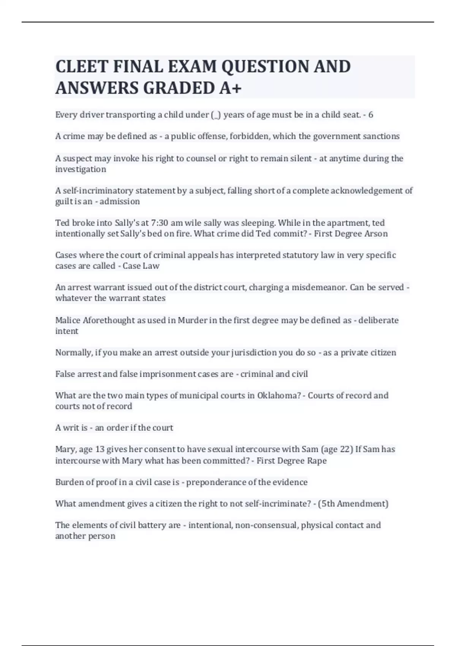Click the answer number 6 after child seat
370,115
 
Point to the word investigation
81,169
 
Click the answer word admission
120,201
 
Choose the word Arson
376,234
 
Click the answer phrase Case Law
141,266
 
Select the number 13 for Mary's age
100,450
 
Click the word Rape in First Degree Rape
317,461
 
